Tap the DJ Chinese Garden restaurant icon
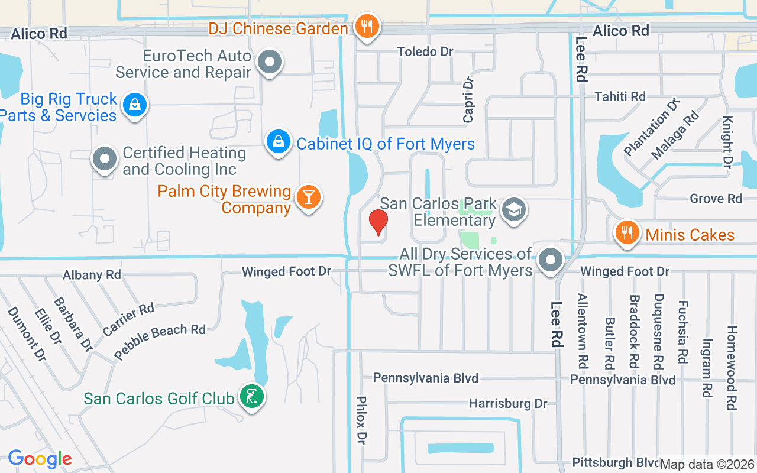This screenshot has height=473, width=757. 367,26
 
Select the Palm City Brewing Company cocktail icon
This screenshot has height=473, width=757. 308,196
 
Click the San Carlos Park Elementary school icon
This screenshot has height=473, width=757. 513,209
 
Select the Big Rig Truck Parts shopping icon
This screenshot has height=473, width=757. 135,105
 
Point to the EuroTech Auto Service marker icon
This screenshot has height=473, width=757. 270,61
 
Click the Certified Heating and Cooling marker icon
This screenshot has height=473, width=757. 105,158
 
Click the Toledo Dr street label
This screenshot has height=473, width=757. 425,52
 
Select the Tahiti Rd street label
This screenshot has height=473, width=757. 620,96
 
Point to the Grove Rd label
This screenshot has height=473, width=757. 716,199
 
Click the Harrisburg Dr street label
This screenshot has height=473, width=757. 508,404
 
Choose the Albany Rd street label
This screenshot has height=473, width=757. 92,275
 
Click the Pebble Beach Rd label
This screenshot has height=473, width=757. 160,341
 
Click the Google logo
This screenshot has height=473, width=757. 40,459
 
